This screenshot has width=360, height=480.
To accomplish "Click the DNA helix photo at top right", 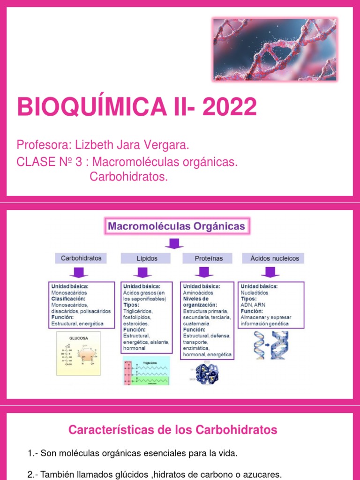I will pyautogui.click(x=275, y=49).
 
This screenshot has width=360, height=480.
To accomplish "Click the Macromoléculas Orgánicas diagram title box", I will pyautogui.click(x=177, y=227).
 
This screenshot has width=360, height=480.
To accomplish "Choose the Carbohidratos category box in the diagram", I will pyautogui.click(x=81, y=258).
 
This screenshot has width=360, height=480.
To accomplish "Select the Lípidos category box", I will pyautogui.click(x=147, y=258).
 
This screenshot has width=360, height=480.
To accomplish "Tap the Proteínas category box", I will pyautogui.click(x=209, y=258).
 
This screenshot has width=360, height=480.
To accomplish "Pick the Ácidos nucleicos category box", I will pyautogui.click(x=274, y=258).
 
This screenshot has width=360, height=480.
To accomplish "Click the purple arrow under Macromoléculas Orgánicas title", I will pyautogui.click(x=174, y=243).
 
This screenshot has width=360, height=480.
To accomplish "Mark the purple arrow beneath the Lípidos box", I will pyautogui.click(x=143, y=272).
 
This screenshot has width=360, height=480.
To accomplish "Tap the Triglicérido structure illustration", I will pyautogui.click(x=146, y=371).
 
